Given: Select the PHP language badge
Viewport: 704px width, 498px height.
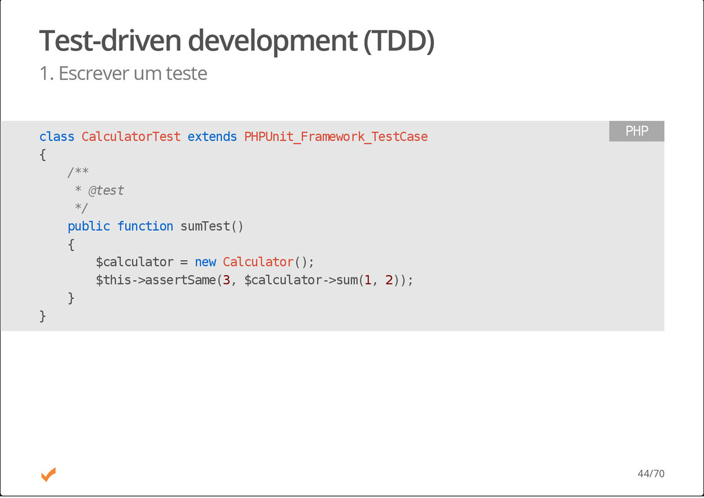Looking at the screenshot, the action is pyautogui.click(x=636, y=131).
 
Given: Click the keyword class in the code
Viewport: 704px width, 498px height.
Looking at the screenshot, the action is pyautogui.click(x=56, y=137).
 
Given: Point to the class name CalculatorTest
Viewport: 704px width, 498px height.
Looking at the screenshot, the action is pyautogui.click(x=131, y=137).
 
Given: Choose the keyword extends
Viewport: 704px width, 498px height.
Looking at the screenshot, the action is pyautogui.click(x=212, y=137).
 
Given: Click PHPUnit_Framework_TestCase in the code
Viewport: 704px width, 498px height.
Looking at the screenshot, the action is pyautogui.click(x=335, y=137).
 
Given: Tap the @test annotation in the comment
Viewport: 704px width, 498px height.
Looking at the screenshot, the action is pyautogui.click(x=106, y=191).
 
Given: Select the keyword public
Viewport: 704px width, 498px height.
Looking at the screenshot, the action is pyautogui.click(x=89, y=226).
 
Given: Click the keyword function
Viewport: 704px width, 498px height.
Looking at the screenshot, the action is pyautogui.click(x=145, y=226).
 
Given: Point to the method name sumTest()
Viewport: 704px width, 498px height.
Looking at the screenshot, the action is pyautogui.click(x=212, y=226).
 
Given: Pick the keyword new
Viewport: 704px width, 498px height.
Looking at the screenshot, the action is pyautogui.click(x=205, y=262).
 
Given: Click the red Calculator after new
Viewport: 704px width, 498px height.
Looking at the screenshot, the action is pyautogui.click(x=258, y=262).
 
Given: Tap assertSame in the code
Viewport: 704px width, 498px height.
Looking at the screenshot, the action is pyautogui.click(x=180, y=280).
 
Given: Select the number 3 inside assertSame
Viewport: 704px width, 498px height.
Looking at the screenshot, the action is pyautogui.click(x=226, y=280).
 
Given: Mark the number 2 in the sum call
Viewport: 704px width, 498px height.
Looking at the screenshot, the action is pyautogui.click(x=389, y=280).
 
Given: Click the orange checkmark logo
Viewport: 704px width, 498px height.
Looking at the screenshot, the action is pyautogui.click(x=48, y=474).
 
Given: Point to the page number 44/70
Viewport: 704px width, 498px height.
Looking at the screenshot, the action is pyautogui.click(x=650, y=474).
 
